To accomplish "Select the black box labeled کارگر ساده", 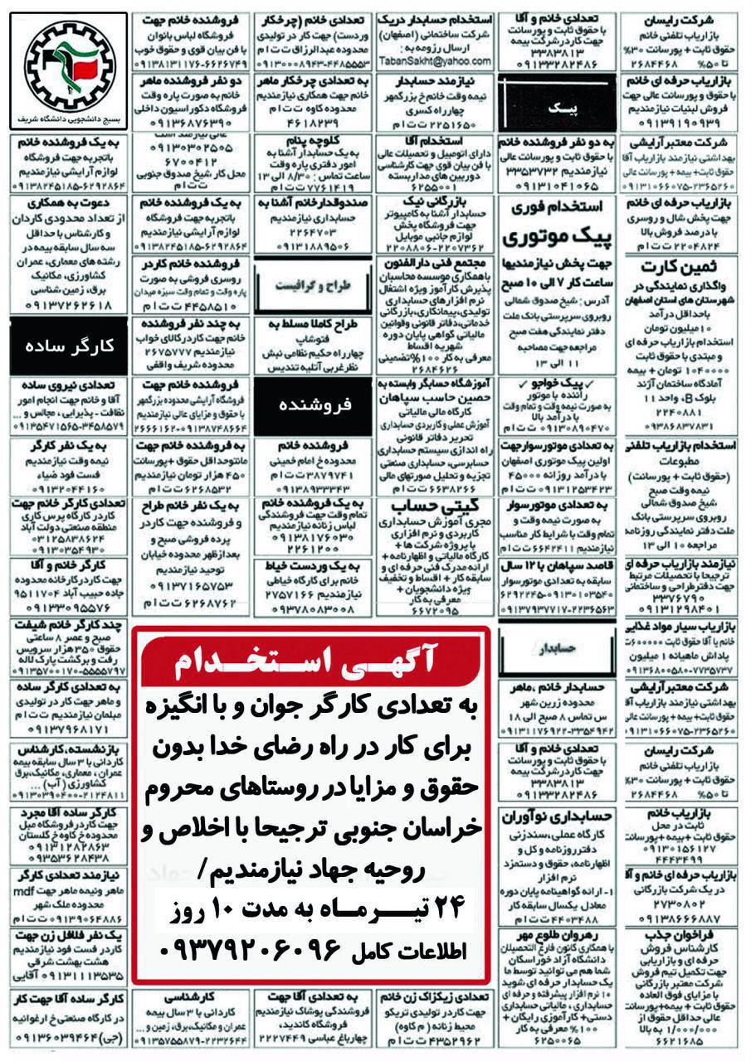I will click(x=67, y=345).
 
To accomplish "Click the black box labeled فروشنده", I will click(x=315, y=405).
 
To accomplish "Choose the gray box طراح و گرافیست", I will click(x=315, y=287).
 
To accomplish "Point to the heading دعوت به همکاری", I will click(x=67, y=203).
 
